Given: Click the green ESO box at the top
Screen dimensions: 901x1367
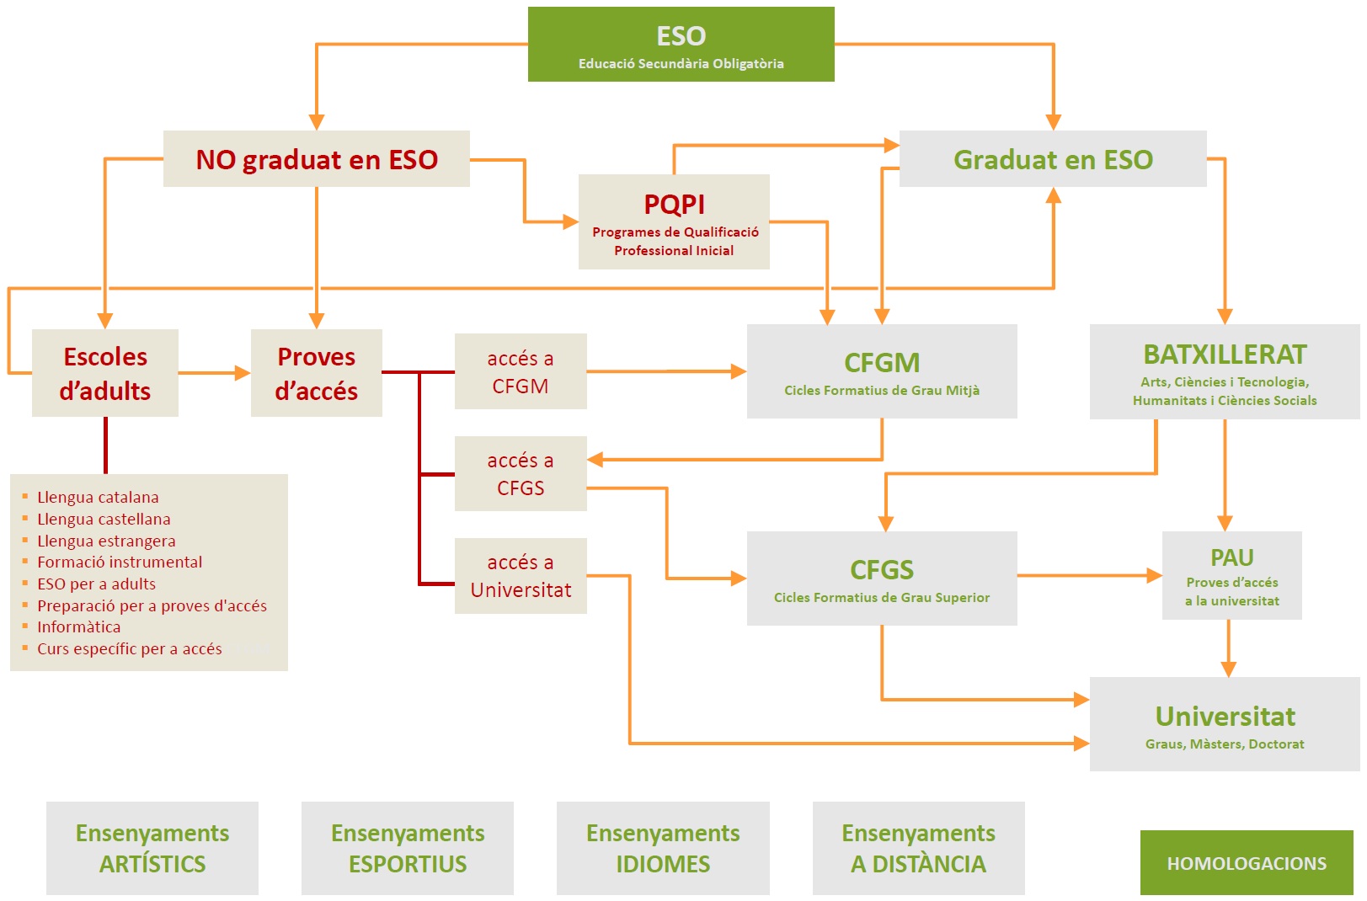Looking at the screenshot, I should tap(681, 45).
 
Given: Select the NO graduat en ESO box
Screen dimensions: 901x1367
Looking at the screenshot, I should tap(316, 159).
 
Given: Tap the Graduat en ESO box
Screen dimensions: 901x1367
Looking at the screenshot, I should tap(1052, 159).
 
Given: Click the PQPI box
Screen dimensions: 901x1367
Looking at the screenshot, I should tap(674, 222).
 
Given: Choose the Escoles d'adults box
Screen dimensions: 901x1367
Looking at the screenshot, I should tap(105, 373).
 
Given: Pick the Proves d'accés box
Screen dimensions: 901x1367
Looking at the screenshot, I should tap(316, 373).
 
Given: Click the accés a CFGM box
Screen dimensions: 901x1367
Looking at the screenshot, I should tap(521, 371).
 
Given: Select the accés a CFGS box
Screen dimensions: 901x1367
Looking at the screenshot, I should tap(521, 473).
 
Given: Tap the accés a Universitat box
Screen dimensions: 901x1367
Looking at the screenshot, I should tap(521, 576).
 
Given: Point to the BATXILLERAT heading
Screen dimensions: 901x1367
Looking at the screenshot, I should tap(1225, 355).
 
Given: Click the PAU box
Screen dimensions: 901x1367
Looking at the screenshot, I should tap(1231, 576).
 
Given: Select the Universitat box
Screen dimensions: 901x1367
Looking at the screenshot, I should tap(1225, 724).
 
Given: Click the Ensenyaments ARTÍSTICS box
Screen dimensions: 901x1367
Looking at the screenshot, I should tap(152, 848).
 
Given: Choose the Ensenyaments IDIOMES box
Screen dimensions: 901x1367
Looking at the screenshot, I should tap(663, 848).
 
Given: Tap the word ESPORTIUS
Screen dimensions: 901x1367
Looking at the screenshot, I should tap(408, 864).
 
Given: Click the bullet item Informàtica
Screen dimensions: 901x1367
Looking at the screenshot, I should tap(78, 626).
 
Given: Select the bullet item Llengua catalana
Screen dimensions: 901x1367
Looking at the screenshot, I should tap(98, 497).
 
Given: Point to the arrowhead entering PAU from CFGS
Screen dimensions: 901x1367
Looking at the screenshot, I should tap(1154, 576).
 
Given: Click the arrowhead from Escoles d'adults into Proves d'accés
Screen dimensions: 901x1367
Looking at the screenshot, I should tap(243, 373).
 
